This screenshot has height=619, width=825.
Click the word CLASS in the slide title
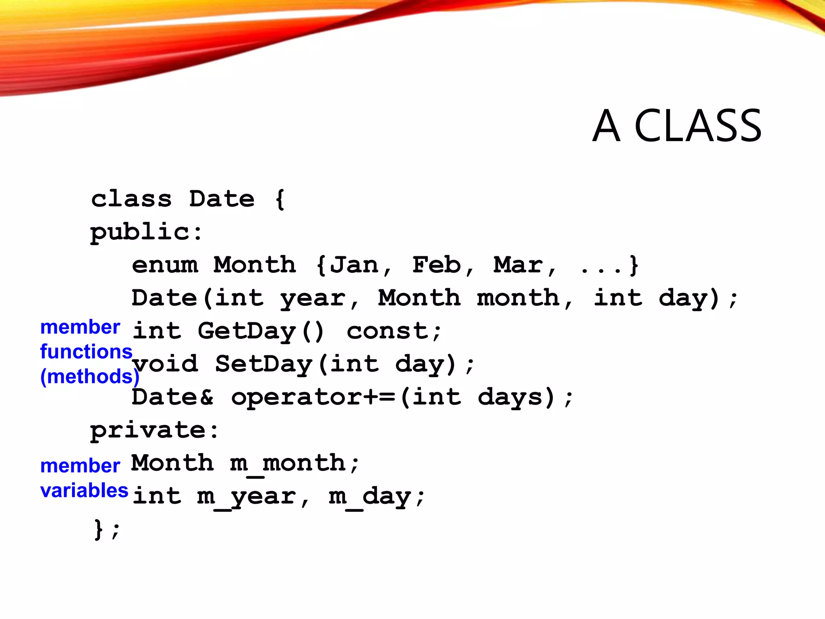pyautogui.click(x=698, y=126)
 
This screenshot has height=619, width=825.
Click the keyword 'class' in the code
pyautogui.click(x=131, y=199)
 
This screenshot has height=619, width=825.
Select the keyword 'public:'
pyautogui.click(x=146, y=233)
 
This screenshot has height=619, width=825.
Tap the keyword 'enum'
pyautogui.click(x=165, y=265)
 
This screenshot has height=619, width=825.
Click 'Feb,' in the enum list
pyautogui.click(x=442, y=265)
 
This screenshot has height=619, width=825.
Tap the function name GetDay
pyautogui.click(x=247, y=331)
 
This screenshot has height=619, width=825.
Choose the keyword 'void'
pyautogui.click(x=165, y=364)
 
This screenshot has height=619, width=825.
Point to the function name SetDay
pyautogui.click(x=264, y=364)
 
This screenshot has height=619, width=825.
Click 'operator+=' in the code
pyautogui.click(x=313, y=397)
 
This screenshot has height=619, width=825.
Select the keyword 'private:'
pyautogui.click(x=154, y=430)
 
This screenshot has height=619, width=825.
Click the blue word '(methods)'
pyautogui.click(x=89, y=376)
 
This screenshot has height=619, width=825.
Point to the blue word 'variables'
pyautogui.click(x=84, y=490)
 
